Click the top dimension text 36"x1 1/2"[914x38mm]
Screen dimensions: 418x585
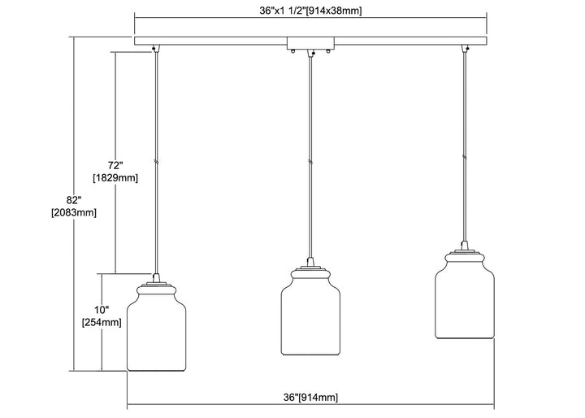[x=310, y=11]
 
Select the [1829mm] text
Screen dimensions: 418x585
[x=115, y=177]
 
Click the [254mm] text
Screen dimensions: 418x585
[x=102, y=323]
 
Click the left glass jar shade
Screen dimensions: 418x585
[x=157, y=333]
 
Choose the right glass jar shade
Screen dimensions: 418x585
[x=463, y=302]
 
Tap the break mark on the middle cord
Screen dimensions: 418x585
[x=310, y=162]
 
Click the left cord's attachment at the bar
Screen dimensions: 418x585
[x=156, y=50]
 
